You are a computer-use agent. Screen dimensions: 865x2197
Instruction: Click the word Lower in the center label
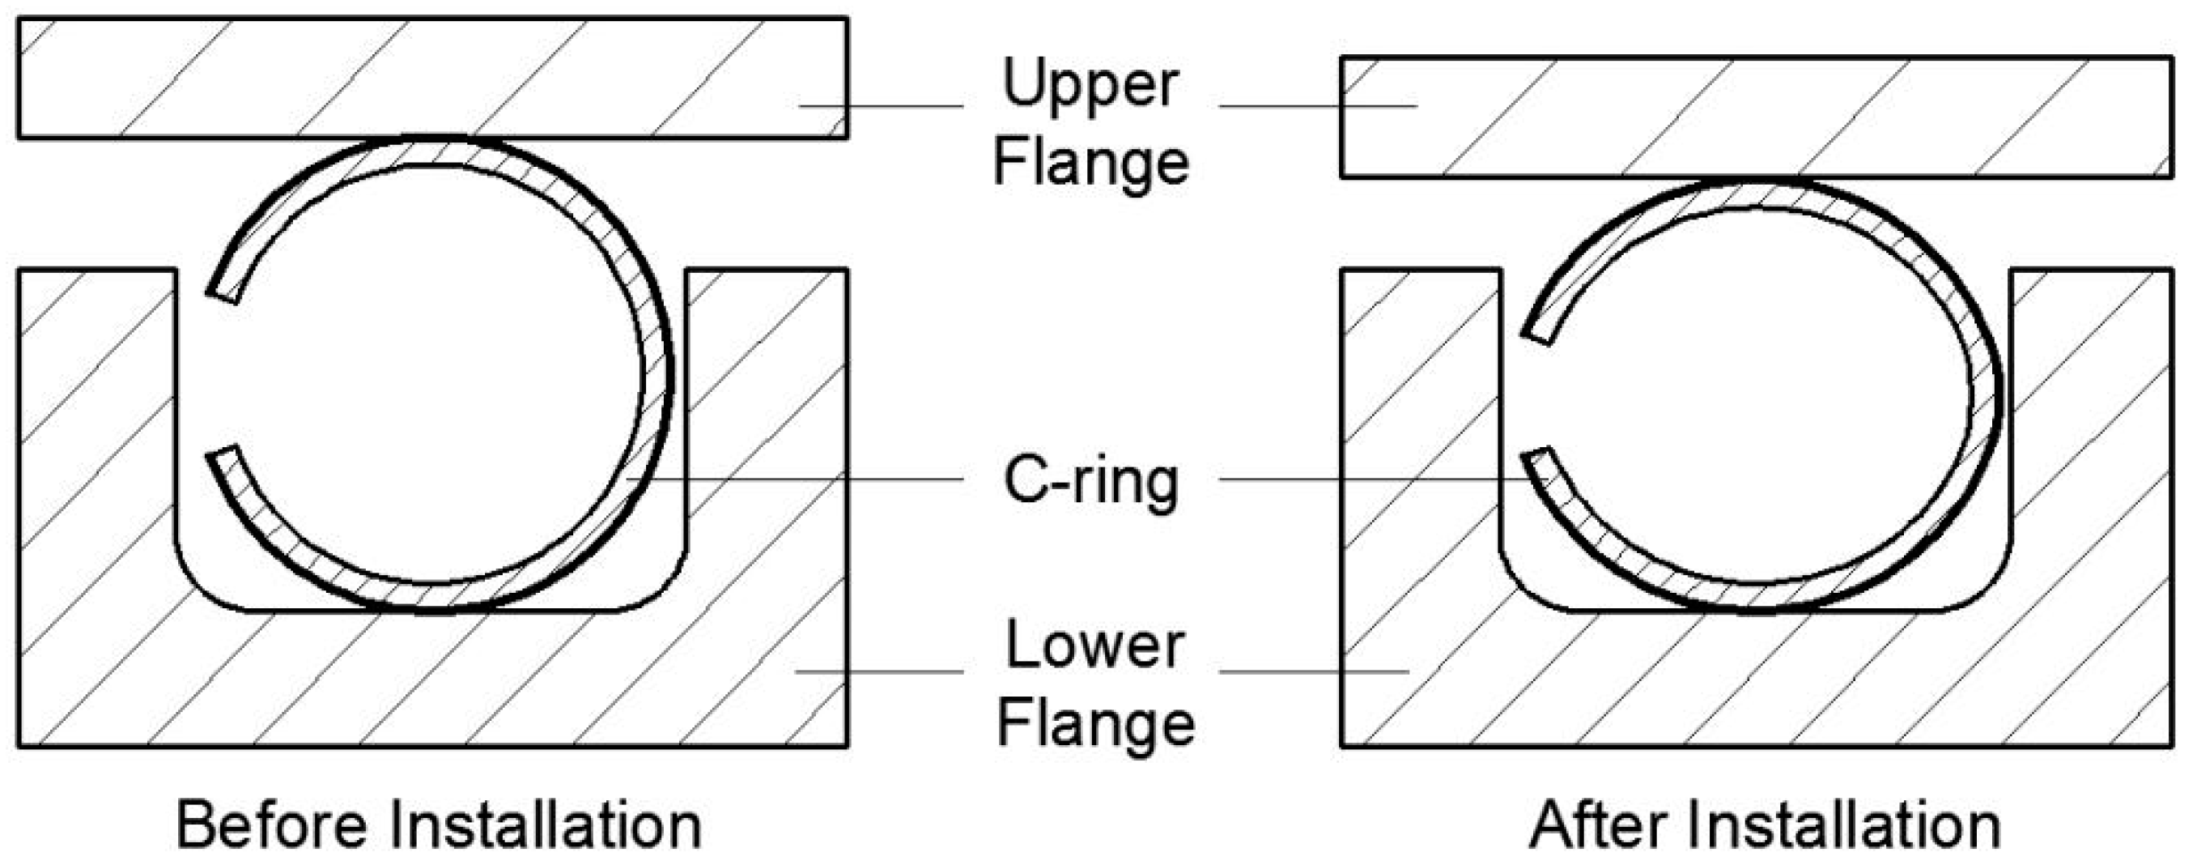pos(1094,646)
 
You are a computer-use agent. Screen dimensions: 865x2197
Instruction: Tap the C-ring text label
pos(1091,481)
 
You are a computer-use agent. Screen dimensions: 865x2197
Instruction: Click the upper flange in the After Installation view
pos(1756,117)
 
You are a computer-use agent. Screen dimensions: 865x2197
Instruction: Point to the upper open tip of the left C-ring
pos(223,294)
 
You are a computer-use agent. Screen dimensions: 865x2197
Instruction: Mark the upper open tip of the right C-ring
pos(1539,335)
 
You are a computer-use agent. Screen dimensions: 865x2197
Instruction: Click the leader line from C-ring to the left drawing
pos(793,479)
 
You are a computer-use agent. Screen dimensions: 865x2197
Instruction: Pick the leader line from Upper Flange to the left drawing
pos(878,106)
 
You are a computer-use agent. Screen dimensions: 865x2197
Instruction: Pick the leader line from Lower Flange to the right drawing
pos(1313,672)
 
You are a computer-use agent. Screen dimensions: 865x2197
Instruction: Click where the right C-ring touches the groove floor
pos(1761,609)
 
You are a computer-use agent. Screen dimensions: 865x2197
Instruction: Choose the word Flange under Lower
pos(1096,723)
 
